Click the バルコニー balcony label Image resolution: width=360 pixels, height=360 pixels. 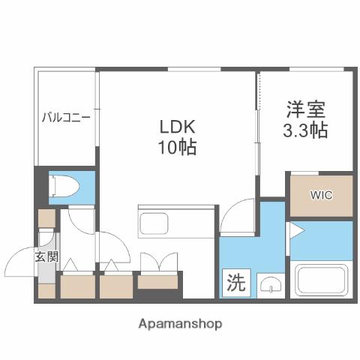tap(66, 117)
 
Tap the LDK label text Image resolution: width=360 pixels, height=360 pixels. tap(178, 124)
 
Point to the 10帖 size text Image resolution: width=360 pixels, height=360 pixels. tap(178, 147)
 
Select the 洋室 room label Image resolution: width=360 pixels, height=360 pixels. tap(305, 109)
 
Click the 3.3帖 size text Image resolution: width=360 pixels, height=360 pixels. tap(305, 130)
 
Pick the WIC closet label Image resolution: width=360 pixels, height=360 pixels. tap(321, 195)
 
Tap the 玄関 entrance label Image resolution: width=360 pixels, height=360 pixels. tap(45, 256)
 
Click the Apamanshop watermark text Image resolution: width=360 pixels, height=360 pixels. tap(180, 324)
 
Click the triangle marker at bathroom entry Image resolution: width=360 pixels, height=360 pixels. tap(295, 230)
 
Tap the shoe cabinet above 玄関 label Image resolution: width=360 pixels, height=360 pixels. tap(46, 218)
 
